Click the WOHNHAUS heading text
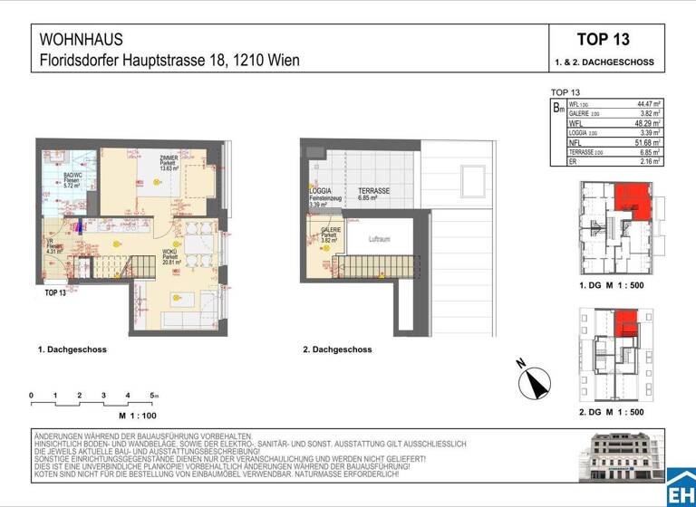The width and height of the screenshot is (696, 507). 82,40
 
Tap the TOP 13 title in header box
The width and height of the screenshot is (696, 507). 603,40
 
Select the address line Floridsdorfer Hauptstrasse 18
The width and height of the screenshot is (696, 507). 169,62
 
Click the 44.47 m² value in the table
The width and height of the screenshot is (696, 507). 644,105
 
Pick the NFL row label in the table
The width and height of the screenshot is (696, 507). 574,142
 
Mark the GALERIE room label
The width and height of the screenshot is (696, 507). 332,231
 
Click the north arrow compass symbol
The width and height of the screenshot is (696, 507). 536,383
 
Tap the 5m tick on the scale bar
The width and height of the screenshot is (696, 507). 155,396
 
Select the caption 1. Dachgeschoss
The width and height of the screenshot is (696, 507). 72,349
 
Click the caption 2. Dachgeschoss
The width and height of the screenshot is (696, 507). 337,349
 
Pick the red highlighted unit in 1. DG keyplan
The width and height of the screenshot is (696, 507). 626,198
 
